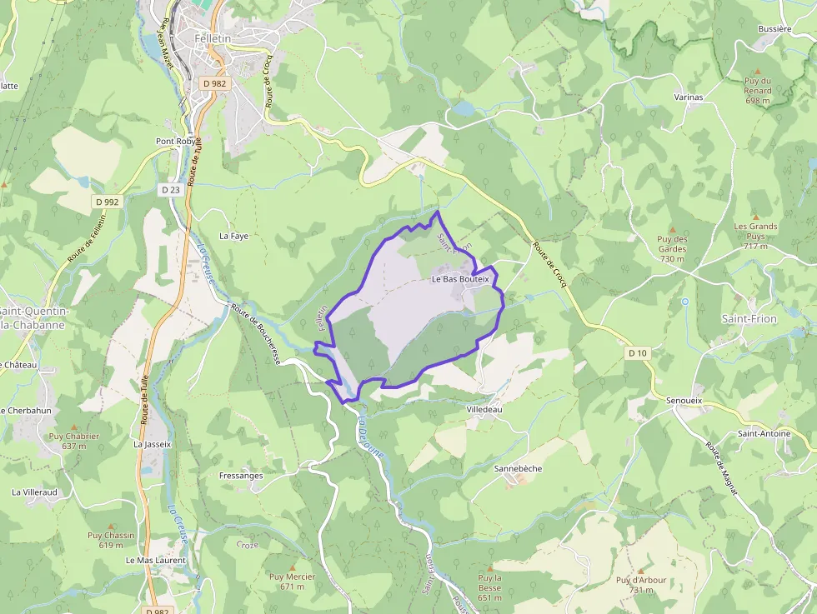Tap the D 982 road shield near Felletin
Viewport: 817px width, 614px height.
(x=214, y=83)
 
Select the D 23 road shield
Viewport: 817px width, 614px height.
(x=170, y=190)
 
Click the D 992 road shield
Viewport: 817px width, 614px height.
(x=108, y=202)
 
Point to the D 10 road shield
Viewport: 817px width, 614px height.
(x=638, y=353)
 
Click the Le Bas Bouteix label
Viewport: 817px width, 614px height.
(x=460, y=279)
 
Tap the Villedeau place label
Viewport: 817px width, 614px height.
(x=484, y=410)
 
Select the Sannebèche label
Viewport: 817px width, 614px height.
(x=518, y=468)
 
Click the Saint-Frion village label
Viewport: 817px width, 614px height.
(x=749, y=319)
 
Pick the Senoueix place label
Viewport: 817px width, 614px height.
(x=684, y=401)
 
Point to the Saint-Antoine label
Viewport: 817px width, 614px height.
(x=764, y=433)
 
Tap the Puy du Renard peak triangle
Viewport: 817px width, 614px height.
(x=757, y=72)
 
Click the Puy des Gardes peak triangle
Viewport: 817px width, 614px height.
(x=672, y=229)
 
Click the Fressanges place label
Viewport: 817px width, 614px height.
(x=241, y=476)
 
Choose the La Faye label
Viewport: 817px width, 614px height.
(x=233, y=236)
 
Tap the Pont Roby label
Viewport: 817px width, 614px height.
(x=174, y=141)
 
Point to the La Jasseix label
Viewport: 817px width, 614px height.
(x=152, y=444)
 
